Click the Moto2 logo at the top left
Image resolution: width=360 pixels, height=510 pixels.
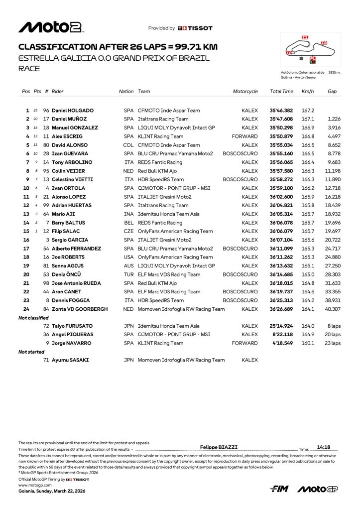pos(51,27)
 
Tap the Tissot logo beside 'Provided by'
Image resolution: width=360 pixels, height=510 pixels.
pos(195,28)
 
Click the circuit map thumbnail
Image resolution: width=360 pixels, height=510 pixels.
pos(310,50)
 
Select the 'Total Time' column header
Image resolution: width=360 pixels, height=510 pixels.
pos(281,92)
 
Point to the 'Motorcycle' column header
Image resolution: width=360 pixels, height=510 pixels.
pos(245,92)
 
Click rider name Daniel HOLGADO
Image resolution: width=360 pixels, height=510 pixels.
pos(73,111)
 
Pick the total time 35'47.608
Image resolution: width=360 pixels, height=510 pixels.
pos(281,119)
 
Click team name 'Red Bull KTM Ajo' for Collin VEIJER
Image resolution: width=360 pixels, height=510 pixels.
pos(157,171)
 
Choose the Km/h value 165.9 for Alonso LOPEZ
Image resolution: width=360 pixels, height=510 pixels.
pos(308,197)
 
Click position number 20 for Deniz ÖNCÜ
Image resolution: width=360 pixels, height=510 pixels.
pos(26,274)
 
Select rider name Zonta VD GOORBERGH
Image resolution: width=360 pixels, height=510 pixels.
pos(80,309)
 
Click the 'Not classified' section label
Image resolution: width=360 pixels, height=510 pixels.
pos(33,317)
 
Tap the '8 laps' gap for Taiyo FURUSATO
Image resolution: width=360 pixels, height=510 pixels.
pos(334,326)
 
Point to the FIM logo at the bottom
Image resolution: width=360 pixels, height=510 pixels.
pos(280,489)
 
